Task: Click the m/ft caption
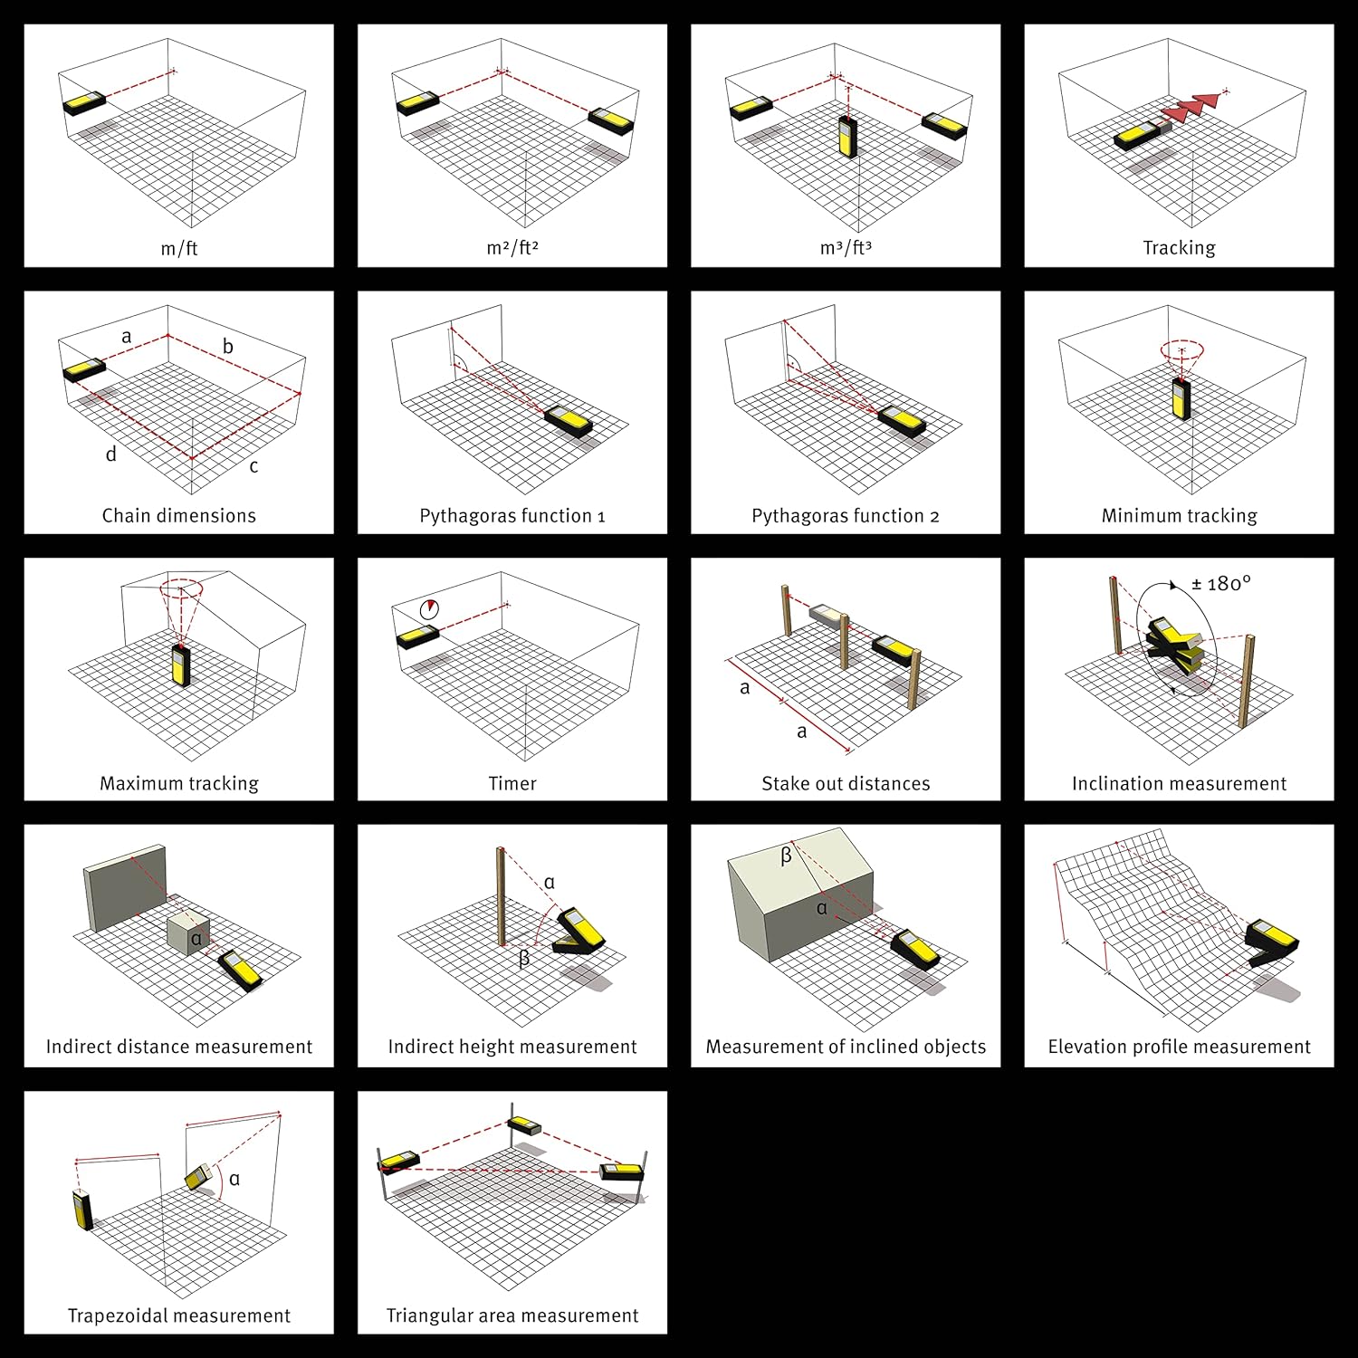click(179, 248)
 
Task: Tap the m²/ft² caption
click(512, 248)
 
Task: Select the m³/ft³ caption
click(846, 248)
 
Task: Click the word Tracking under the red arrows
click(1179, 248)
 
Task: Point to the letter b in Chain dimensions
click(228, 346)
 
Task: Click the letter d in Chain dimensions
click(111, 454)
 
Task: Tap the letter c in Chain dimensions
click(253, 466)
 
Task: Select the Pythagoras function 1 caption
click(512, 516)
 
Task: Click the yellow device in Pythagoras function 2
click(902, 421)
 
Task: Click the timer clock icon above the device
click(429, 609)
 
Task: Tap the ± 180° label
click(1221, 584)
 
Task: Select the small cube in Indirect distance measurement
click(189, 933)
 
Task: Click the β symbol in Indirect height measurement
click(524, 958)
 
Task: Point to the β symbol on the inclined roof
click(786, 855)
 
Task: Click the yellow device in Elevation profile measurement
click(1271, 942)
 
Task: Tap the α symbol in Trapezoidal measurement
click(234, 1179)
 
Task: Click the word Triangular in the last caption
click(432, 1315)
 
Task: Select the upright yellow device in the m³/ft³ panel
click(848, 138)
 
